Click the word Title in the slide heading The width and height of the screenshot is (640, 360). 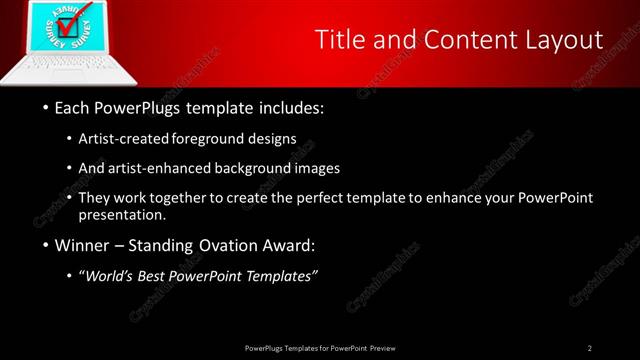pyautogui.click(x=341, y=40)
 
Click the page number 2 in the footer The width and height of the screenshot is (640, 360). pyautogui.click(x=590, y=348)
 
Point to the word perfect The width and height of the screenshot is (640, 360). pyautogui.click(x=334, y=197)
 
